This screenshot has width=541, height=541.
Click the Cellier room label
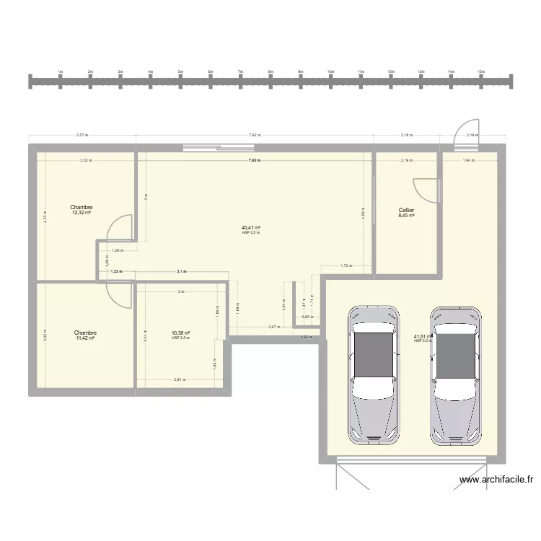[x=406, y=210]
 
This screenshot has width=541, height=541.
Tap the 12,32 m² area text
[x=82, y=213]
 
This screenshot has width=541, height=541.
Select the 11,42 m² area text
[x=85, y=338]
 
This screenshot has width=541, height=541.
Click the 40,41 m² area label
[x=251, y=227]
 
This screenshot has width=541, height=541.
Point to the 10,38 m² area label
[x=180, y=333]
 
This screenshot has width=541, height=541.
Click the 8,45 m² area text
[x=406, y=215]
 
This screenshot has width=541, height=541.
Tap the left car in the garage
[x=374, y=373]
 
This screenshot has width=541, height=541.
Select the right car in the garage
[x=455, y=373]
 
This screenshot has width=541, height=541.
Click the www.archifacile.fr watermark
[x=497, y=479]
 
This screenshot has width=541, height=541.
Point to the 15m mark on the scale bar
[x=480, y=72]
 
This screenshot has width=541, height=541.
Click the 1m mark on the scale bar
[x=61, y=72]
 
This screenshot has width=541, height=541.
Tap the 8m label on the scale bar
[x=270, y=72]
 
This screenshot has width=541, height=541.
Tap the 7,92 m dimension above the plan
[x=254, y=135]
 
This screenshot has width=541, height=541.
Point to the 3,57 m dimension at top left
[x=82, y=135]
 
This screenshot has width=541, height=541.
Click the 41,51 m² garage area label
[x=423, y=336]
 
